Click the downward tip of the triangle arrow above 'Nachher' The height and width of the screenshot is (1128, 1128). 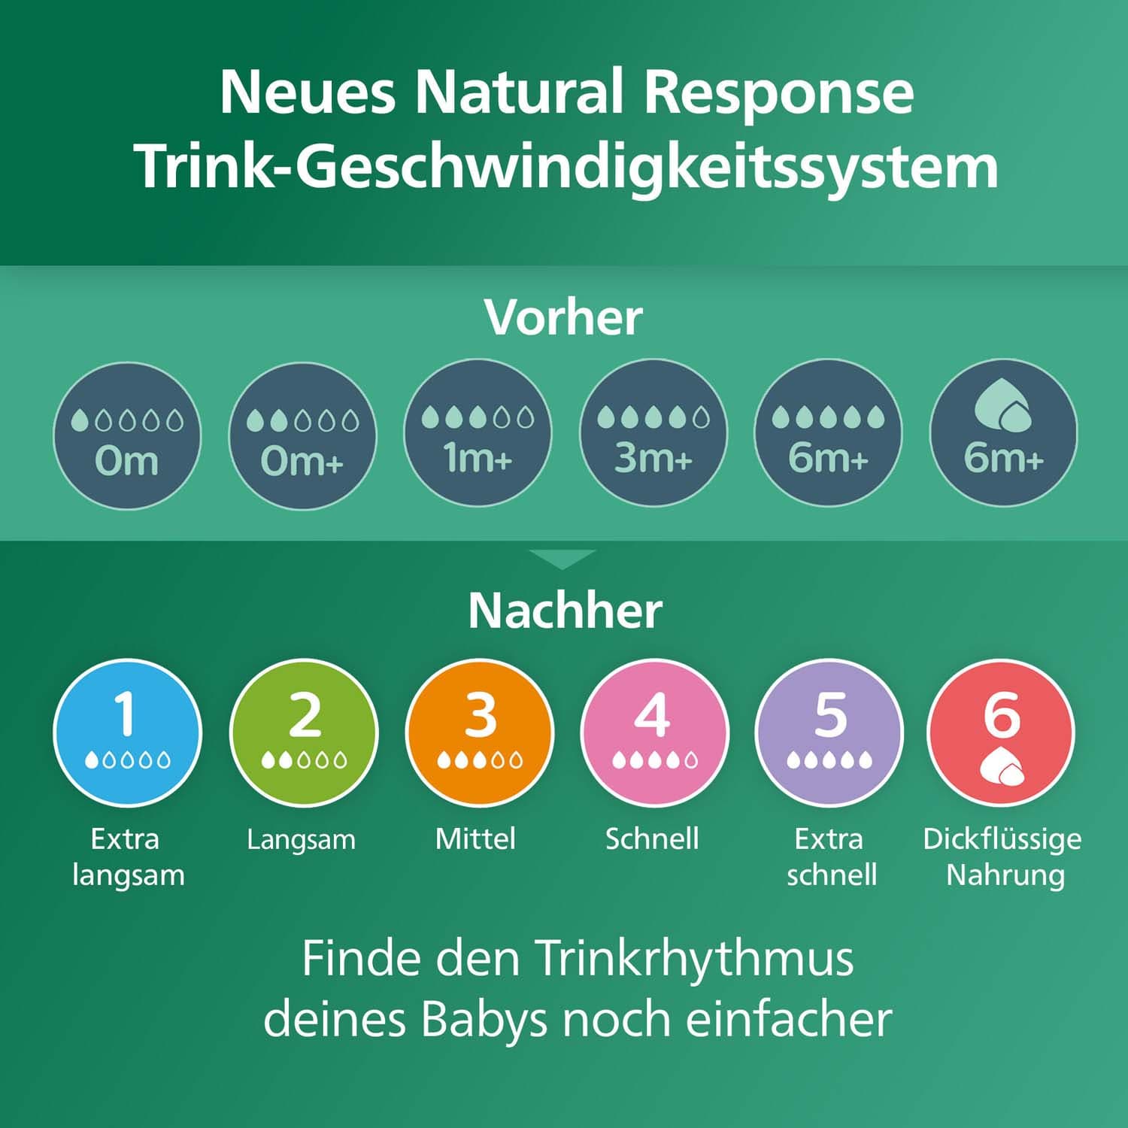pos(562,569)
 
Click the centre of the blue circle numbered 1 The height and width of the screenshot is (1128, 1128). pos(128,733)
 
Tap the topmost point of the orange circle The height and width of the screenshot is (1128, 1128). pos(479,659)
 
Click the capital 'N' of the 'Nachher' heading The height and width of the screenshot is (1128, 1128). pos(484,611)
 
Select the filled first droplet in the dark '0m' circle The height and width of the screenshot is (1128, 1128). pos(80,420)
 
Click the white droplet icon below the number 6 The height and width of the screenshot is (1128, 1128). pos(1002,766)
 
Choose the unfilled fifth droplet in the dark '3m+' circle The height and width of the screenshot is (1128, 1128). pos(701,417)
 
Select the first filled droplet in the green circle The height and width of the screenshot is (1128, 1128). pos(268,760)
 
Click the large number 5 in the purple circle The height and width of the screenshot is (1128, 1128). pos(830,714)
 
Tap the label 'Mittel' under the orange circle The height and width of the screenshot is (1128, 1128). pos(475,838)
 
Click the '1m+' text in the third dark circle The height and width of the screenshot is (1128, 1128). pos(478,457)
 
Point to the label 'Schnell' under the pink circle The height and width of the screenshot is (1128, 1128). pos(652,838)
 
